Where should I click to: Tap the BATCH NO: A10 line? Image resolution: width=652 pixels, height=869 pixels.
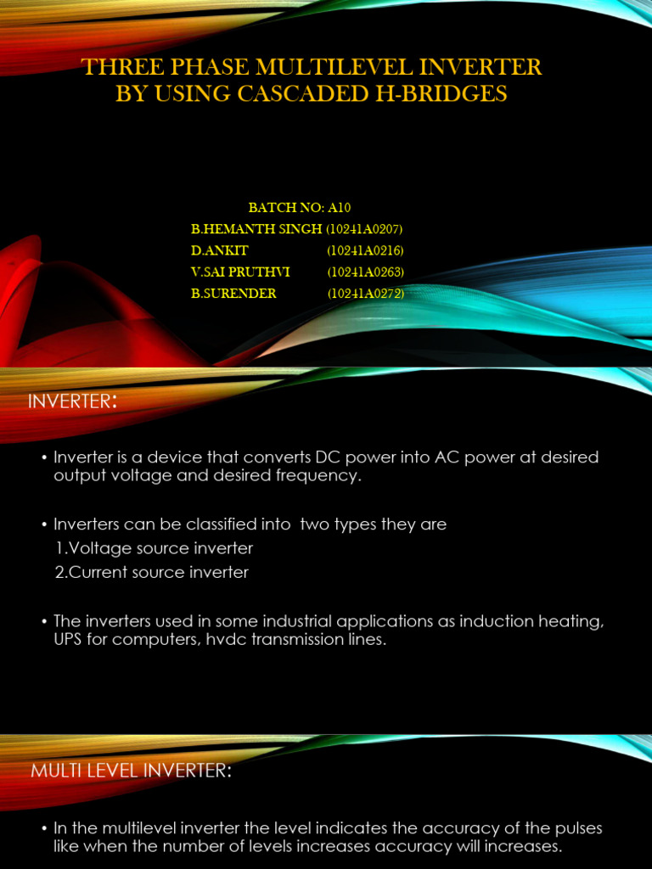click(x=300, y=208)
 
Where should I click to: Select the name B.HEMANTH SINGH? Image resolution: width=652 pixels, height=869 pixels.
click(x=256, y=229)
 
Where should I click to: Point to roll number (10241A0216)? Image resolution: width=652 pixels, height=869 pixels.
click(x=365, y=251)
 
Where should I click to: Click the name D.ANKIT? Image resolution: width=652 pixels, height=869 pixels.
click(x=220, y=251)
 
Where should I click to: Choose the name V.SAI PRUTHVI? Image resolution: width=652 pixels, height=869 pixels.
click(x=241, y=272)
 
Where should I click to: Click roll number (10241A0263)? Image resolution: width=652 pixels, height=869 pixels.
click(x=365, y=272)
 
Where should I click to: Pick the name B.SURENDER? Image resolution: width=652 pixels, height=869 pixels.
click(x=233, y=294)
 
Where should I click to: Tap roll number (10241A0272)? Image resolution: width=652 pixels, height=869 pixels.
click(x=365, y=294)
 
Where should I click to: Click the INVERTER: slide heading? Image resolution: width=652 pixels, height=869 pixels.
click(x=72, y=401)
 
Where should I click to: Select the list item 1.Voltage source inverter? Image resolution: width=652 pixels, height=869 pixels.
click(x=154, y=548)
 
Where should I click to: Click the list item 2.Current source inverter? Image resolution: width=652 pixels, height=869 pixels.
click(x=152, y=572)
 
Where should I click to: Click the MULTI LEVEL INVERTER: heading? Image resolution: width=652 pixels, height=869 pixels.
click(x=130, y=771)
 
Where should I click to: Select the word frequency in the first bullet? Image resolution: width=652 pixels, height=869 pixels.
click(x=318, y=475)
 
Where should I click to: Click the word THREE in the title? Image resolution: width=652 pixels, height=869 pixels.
click(x=120, y=67)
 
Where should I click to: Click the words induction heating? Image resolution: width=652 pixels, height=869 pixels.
click(x=537, y=622)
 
